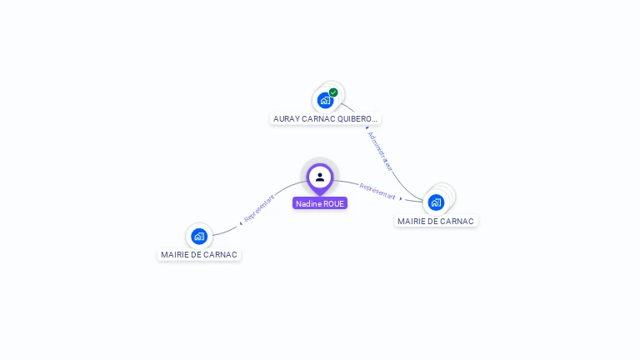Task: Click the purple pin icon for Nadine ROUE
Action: tap(320, 177)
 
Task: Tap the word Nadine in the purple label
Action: tap(308, 203)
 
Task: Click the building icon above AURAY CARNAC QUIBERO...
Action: tap(325, 100)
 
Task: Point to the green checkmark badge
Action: tap(333, 92)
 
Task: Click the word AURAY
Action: tap(287, 119)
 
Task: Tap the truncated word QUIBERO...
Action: tap(361, 119)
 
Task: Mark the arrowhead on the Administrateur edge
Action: tap(367, 128)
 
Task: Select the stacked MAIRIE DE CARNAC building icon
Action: tap(436, 202)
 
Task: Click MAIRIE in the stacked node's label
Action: tap(412, 222)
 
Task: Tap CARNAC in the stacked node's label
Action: tap(458, 222)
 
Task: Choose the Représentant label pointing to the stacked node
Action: tap(377, 192)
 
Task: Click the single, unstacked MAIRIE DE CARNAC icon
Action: tap(198, 236)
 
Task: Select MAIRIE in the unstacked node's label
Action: tap(176, 255)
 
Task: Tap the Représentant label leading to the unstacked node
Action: tap(259, 207)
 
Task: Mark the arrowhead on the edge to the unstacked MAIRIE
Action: tap(241, 222)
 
